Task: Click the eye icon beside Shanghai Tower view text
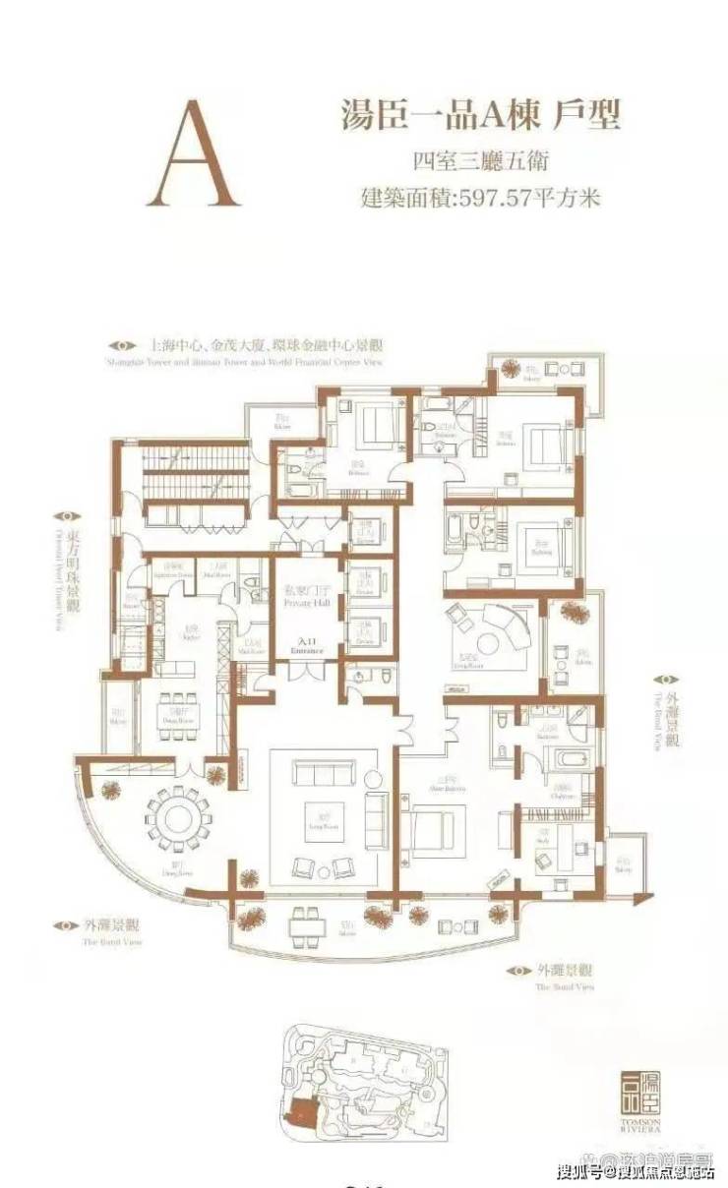(x=122, y=346)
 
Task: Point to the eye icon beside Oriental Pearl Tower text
(x=66, y=515)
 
